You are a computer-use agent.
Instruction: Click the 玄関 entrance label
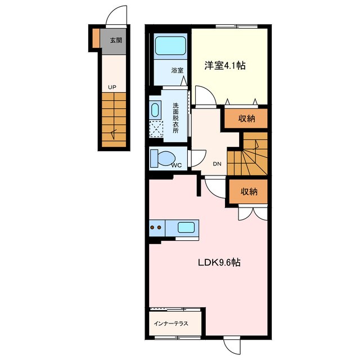pos(116,40)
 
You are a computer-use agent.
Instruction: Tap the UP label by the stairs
pos(112,87)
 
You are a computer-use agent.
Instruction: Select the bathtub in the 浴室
pos(170,46)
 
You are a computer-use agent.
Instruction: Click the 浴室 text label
pos(177,70)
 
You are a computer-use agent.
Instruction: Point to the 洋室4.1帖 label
pos(225,65)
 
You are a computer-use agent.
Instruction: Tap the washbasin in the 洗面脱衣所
pos(155,110)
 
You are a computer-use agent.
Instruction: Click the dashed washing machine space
pos(156,129)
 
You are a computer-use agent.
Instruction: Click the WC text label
pos(177,165)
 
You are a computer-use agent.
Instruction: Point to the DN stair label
pos(217,164)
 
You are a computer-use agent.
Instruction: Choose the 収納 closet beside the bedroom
pos(246,119)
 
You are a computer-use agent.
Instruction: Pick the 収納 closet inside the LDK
pos(249,191)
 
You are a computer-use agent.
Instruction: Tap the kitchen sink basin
pos(186,228)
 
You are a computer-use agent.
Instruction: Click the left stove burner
pos(152,227)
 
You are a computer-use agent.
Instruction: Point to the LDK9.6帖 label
pos(219,262)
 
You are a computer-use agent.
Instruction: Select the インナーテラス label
pos(171,324)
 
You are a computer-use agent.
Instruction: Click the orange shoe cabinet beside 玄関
pos(96,38)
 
